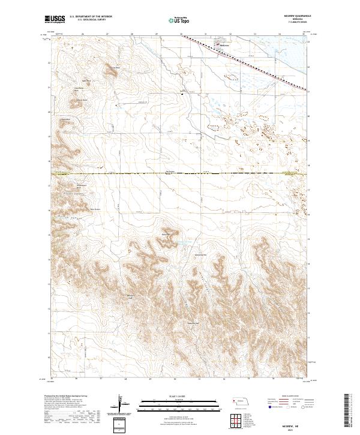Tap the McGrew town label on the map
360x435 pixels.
[x=225, y=45]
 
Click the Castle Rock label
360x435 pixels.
[x=112, y=68]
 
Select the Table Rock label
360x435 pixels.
[x=85, y=80]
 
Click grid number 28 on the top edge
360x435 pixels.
[x=131, y=34]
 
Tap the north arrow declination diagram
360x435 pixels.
[x=121, y=404]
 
